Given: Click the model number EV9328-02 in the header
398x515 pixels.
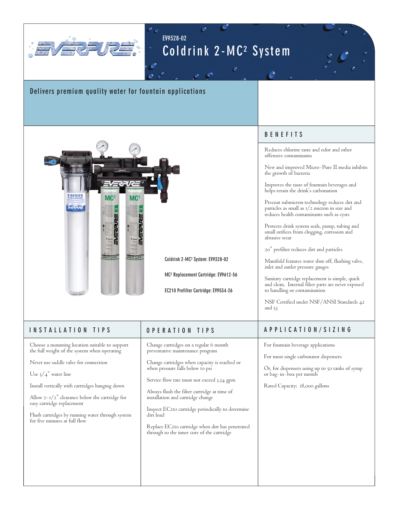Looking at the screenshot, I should pyautogui.click(x=174, y=38).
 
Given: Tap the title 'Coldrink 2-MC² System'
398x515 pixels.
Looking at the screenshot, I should pyautogui.click(x=226, y=51).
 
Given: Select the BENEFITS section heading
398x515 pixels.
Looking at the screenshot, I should pyautogui.click(x=284, y=134).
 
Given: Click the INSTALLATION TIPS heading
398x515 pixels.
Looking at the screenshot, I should pyautogui.click(x=70, y=330).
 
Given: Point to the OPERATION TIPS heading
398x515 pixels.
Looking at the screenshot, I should pyautogui.click(x=181, y=330).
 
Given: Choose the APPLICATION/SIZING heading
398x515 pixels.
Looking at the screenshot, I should pyautogui.click(x=308, y=329).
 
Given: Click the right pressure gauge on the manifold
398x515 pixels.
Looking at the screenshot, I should pyautogui.click(x=134, y=148).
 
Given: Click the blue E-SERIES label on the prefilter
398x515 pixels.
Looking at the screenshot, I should pyautogui.click(x=76, y=202).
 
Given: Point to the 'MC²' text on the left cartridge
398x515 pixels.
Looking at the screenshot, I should pyautogui.click(x=110, y=198).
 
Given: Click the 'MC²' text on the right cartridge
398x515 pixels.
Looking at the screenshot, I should pyautogui.click(x=135, y=198).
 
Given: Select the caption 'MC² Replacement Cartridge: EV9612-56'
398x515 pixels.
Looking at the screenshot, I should pyautogui.click(x=201, y=275).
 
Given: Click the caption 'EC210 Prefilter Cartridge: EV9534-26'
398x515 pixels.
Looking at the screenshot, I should pyautogui.click(x=198, y=291).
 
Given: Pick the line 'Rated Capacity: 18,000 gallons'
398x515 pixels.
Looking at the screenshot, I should pyautogui.click(x=296, y=386).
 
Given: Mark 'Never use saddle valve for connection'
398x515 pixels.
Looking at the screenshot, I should pyautogui.click(x=68, y=362).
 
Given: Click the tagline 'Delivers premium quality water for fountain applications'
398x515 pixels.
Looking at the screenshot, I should pyautogui.click(x=118, y=91).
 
